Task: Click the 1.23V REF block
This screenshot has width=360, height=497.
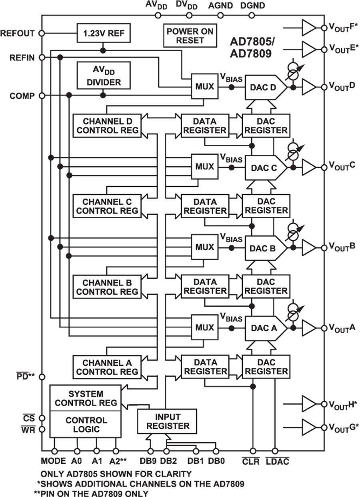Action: coord(103,33)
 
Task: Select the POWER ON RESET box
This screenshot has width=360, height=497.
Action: coord(190,36)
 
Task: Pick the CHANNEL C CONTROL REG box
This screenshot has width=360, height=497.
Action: coord(107,206)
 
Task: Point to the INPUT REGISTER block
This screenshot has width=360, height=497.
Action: coord(167,421)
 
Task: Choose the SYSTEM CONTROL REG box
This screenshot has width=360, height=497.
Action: coord(86,398)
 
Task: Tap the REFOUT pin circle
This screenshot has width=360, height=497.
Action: coord(42,34)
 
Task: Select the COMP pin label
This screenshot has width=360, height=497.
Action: coord(23,96)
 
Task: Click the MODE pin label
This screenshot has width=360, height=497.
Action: coord(53,461)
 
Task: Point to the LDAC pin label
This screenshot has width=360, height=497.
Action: coord(278,461)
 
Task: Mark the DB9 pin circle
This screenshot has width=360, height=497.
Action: coord(150,451)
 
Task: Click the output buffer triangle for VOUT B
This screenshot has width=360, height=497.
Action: coord(309,248)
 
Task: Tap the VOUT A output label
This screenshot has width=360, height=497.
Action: coord(342,328)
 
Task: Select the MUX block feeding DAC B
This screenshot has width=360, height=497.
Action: coord(205,247)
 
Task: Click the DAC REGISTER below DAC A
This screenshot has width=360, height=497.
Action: coord(266,367)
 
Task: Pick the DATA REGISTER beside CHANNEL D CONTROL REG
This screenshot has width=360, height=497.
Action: coord(205,126)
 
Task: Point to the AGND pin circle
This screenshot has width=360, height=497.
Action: coord(220,16)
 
